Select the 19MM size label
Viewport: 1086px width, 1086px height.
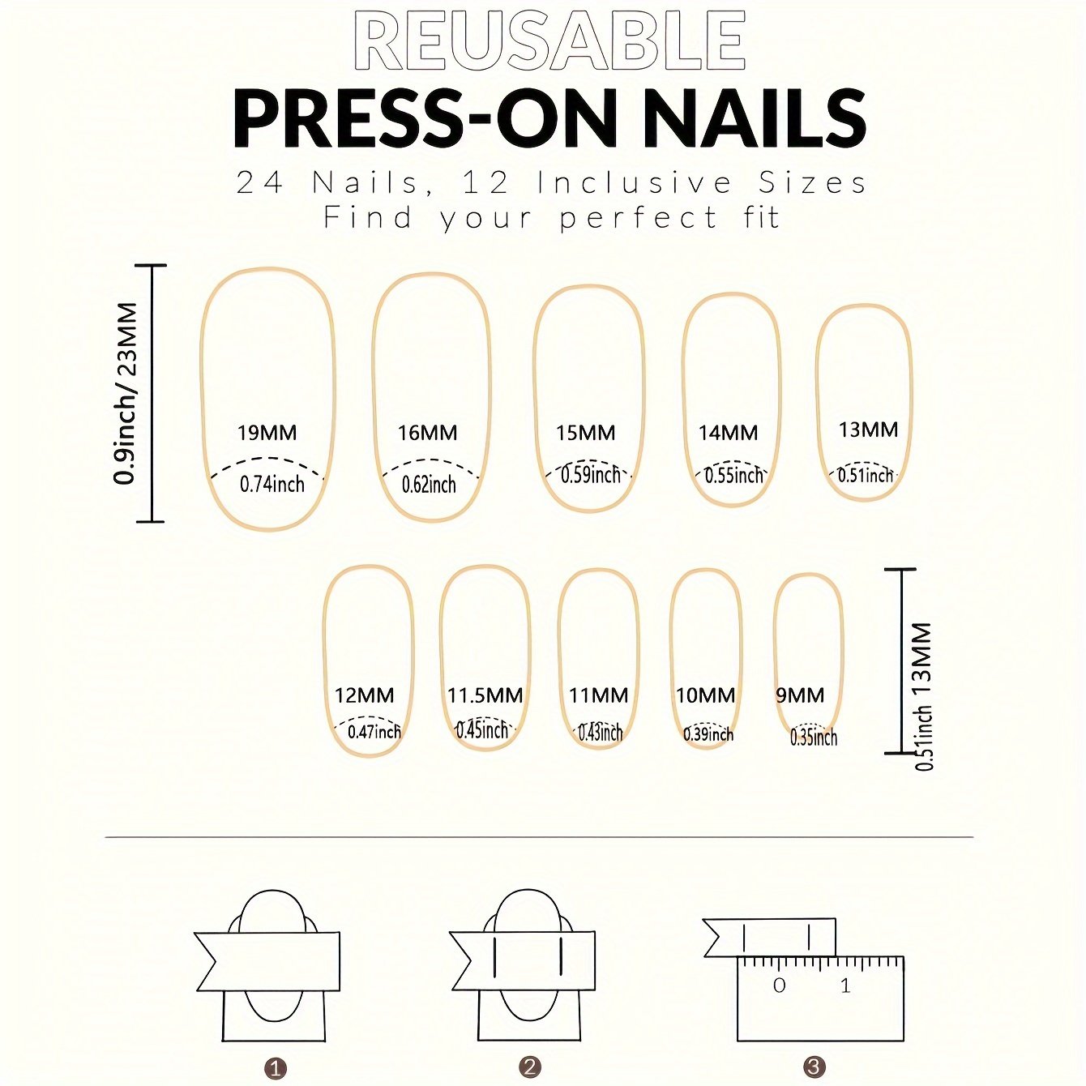pyautogui.click(x=267, y=433)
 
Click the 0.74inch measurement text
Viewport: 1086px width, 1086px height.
pyautogui.click(x=272, y=484)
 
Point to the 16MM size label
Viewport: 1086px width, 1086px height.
pyautogui.click(x=428, y=433)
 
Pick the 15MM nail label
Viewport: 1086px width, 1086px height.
pyautogui.click(x=586, y=433)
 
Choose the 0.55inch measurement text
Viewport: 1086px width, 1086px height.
pyautogui.click(x=733, y=476)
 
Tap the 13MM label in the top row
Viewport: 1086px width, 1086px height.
pyautogui.click(x=869, y=430)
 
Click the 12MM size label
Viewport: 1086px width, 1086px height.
pyautogui.click(x=365, y=695)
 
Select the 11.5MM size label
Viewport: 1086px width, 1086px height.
pyautogui.click(x=485, y=695)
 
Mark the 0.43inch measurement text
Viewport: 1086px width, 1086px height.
pyautogui.click(x=601, y=733)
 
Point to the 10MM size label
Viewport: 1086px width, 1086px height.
pyautogui.click(x=706, y=695)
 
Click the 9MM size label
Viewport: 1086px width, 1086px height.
pyautogui.click(x=800, y=695)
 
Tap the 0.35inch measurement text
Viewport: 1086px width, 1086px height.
pyautogui.click(x=814, y=738)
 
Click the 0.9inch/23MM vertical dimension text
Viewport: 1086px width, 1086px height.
pyautogui.click(x=126, y=393)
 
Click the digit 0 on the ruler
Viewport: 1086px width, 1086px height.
pyautogui.click(x=780, y=986)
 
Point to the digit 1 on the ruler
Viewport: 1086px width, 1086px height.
pyautogui.click(x=845, y=986)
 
